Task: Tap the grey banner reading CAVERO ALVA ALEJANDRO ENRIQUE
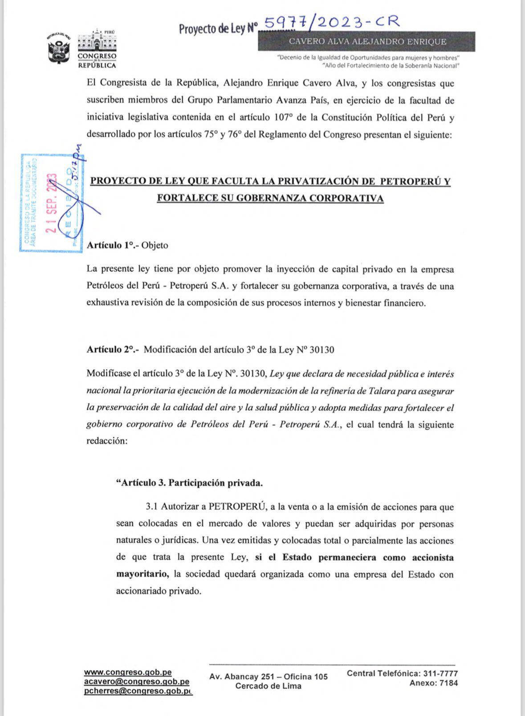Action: click(367, 41)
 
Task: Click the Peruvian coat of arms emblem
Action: click(59, 49)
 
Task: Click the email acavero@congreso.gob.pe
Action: click(136, 681)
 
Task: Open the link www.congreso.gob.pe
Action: click(128, 672)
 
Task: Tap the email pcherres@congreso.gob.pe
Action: click(138, 691)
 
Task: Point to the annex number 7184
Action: click(448, 683)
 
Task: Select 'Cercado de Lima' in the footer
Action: click(268, 686)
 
